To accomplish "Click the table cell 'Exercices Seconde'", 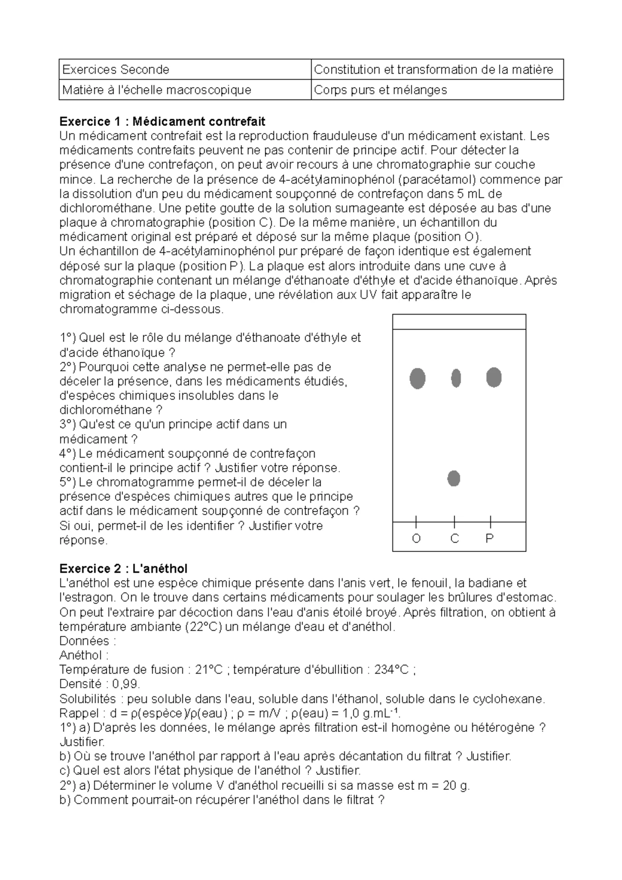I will [116, 69].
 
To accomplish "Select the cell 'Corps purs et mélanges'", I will [380, 90].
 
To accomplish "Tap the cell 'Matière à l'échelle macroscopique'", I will [157, 90].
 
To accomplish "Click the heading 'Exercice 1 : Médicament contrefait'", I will [162, 121].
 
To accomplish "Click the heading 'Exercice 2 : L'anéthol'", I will [123, 569].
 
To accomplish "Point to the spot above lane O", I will [417, 378].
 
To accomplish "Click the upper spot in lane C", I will [456, 378].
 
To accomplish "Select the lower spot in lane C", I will [454, 478].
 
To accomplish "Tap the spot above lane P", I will [493, 377].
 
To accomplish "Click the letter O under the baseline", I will [416, 539].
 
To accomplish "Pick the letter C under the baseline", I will [455, 539].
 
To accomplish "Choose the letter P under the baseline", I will [489, 539].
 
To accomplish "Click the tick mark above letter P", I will [490, 521].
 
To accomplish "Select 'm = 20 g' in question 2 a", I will [442, 785].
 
